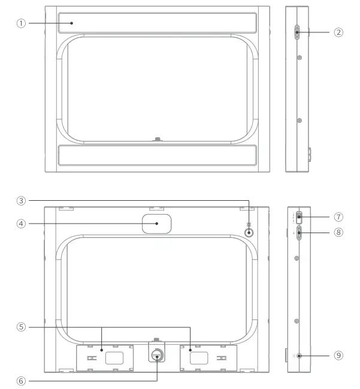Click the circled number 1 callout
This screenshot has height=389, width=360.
pos(22,23)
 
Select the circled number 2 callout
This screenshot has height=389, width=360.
pos(338,32)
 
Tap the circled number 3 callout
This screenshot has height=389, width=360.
pos(22,200)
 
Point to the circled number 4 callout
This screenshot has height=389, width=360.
pos(22,224)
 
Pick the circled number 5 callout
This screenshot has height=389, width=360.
pos(22,327)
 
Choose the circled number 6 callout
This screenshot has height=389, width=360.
pos(22,379)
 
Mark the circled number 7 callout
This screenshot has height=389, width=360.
pos(338,216)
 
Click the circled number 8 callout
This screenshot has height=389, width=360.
pos(338,232)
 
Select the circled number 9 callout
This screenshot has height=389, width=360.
pos(338,355)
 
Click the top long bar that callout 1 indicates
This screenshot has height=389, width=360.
pos(157,24)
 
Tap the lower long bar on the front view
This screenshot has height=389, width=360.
pos(157,155)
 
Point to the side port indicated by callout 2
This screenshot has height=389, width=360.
pos(297,32)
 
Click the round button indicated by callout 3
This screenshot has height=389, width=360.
pos(247,232)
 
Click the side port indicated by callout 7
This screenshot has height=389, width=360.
pos(298,216)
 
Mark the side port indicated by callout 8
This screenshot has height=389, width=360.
pos(298,233)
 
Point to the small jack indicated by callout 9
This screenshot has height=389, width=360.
pos(298,356)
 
